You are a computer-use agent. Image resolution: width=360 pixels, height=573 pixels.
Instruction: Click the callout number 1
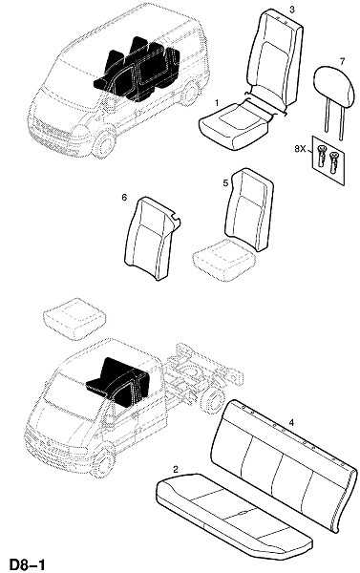(217, 103)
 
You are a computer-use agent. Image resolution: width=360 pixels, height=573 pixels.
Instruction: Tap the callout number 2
(176, 469)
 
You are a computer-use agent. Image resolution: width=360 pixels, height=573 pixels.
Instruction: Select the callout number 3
(291, 10)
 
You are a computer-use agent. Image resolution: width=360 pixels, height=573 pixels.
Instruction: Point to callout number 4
(291, 423)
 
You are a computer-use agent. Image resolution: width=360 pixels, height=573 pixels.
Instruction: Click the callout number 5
(226, 182)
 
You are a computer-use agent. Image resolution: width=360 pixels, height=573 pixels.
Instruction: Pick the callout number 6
(124, 198)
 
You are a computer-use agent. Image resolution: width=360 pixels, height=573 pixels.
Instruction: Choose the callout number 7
(342, 61)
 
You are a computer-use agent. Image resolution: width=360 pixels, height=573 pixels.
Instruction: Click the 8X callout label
(300, 149)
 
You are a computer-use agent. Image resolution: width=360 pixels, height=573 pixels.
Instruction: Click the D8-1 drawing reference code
(27, 564)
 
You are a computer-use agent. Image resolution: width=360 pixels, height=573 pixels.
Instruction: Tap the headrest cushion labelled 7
(334, 86)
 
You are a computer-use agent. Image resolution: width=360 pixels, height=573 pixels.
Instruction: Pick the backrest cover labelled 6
(152, 238)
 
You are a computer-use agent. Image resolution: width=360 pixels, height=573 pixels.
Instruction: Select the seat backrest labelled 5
(249, 209)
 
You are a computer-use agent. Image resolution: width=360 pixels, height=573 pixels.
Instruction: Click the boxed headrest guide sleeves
(328, 160)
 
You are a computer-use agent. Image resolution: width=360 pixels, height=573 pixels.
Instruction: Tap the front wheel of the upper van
(103, 141)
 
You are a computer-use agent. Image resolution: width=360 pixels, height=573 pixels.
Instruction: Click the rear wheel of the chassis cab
(212, 399)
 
